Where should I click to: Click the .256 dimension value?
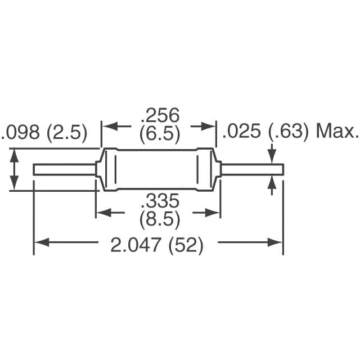click(160, 115)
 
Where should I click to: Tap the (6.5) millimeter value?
click(160, 134)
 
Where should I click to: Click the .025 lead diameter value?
click(242, 132)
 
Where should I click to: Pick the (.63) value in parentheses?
click(288, 132)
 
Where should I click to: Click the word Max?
click(337, 132)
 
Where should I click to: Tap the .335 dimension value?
click(159, 201)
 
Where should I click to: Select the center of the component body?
click(157, 169)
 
